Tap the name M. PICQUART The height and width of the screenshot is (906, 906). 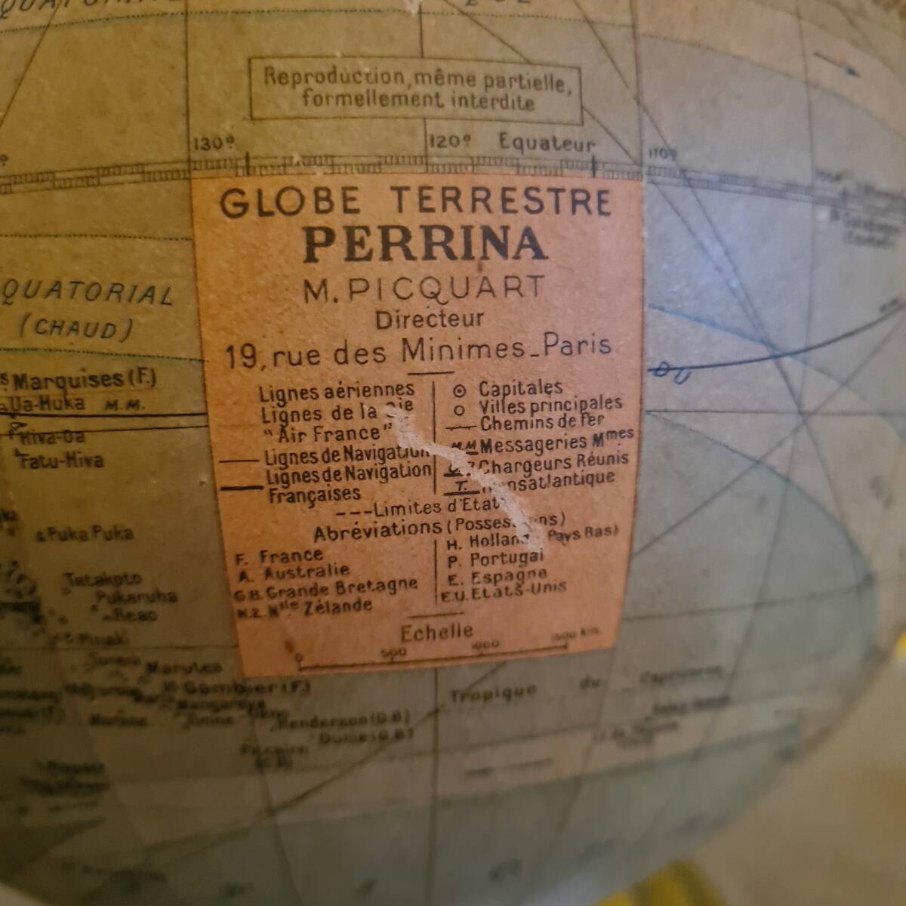tap(424, 288)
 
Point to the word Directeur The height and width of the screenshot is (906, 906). tap(430, 319)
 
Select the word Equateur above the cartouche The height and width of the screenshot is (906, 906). tap(547, 143)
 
